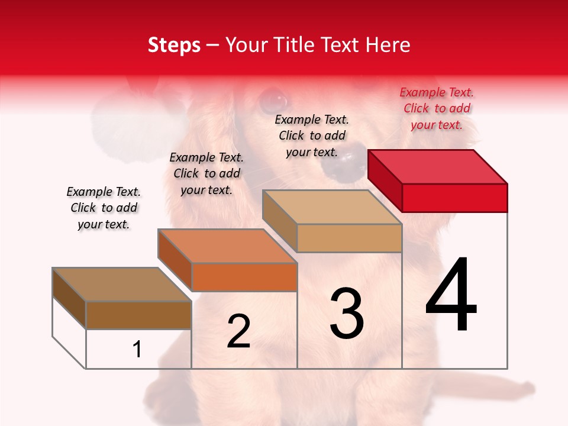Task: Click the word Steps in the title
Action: [174, 45]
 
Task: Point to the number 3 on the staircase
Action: [346, 314]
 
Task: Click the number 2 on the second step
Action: [238, 331]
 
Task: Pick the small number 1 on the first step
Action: [137, 350]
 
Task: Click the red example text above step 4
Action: [437, 108]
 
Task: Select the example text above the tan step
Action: [312, 135]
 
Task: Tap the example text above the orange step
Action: [206, 173]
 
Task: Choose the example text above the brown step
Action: [104, 208]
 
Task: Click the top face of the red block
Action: [438, 166]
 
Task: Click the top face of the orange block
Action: [227, 246]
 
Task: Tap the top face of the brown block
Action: [122, 284]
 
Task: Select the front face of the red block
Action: [454, 198]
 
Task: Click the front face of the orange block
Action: [244, 277]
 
